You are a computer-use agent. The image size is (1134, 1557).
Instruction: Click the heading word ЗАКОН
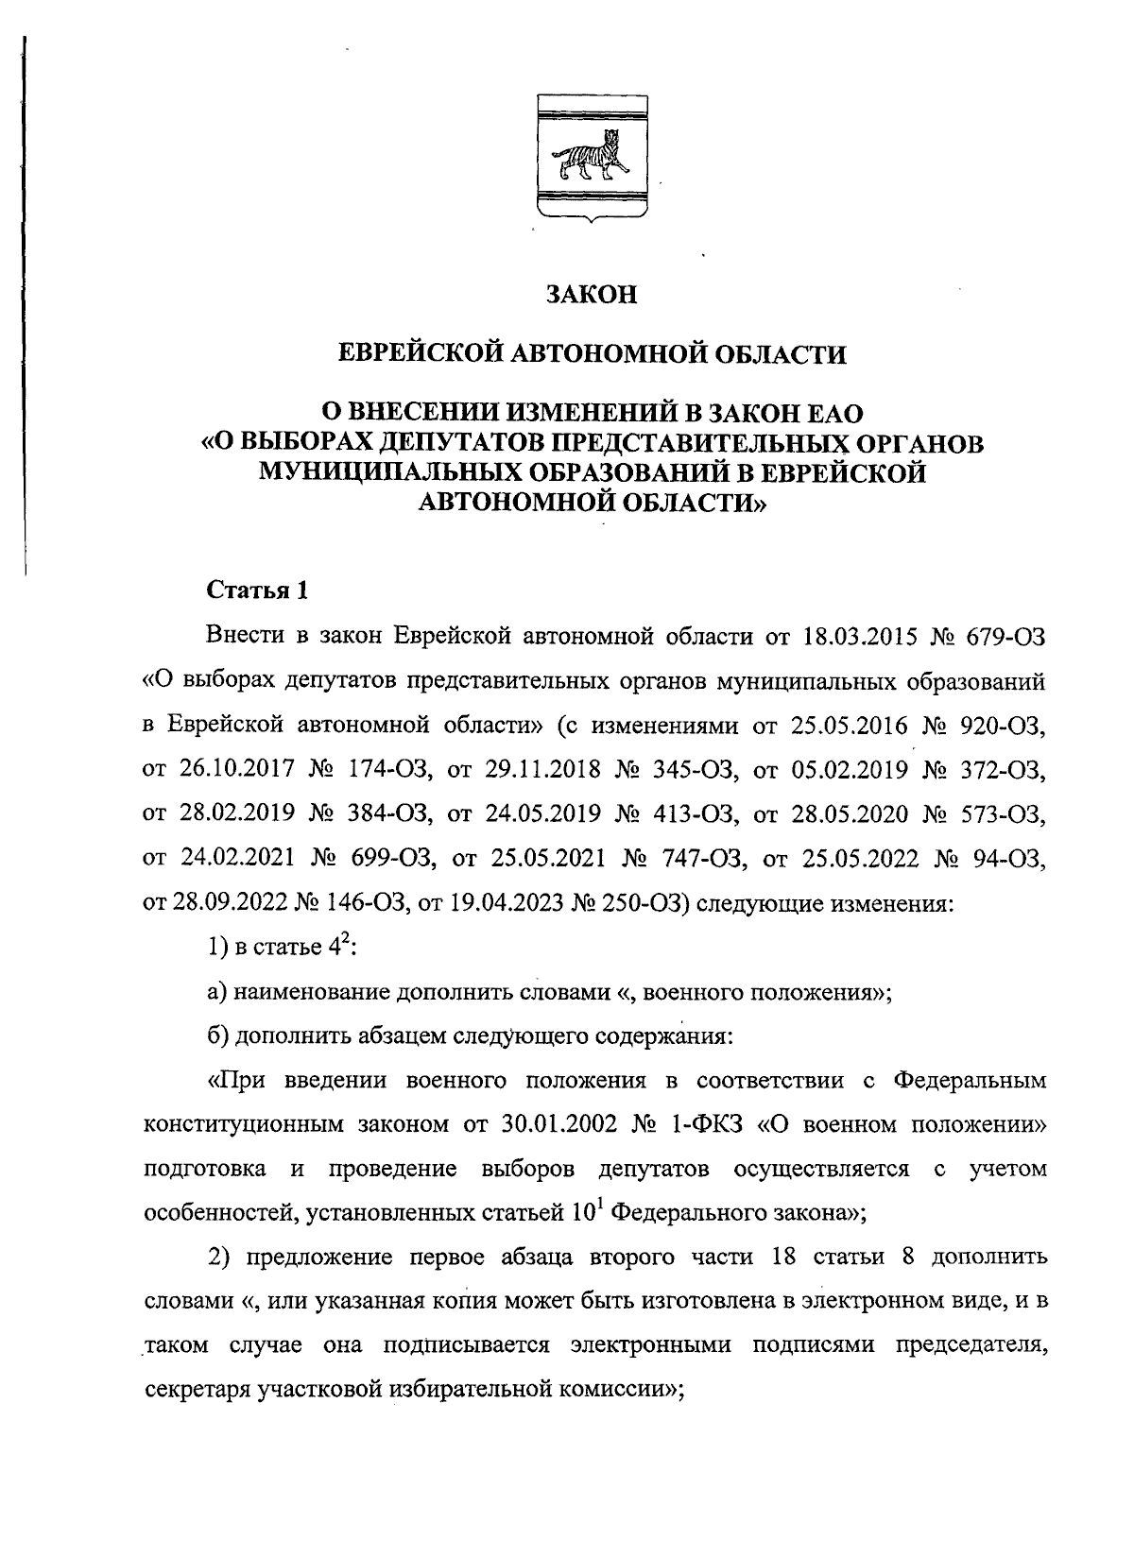point(593,295)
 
